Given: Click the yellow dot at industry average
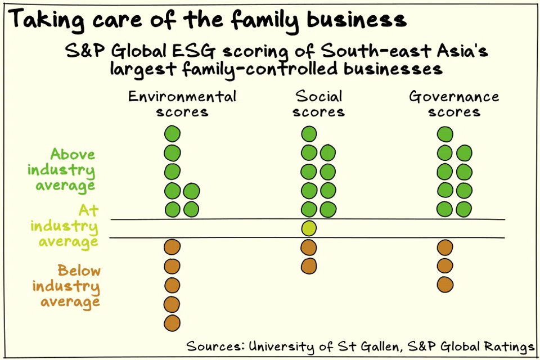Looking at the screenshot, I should [309, 228].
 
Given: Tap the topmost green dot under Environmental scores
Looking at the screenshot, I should [172, 134].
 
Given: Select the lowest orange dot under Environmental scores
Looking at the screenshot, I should [172, 323].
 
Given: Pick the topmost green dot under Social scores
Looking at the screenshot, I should [309, 134].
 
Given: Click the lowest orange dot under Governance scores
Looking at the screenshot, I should [445, 285].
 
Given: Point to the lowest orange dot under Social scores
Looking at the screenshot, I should [309, 265].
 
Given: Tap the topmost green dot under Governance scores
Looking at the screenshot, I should [445, 134].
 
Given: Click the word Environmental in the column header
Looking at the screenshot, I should [182, 96].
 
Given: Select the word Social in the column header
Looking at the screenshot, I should [318, 96].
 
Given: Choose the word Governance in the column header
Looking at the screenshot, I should [454, 97].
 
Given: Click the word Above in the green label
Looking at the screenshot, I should [73, 154].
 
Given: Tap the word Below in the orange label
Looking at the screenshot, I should [79, 271].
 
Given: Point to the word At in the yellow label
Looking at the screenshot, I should [88, 211].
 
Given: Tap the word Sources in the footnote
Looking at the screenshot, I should [214, 345].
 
